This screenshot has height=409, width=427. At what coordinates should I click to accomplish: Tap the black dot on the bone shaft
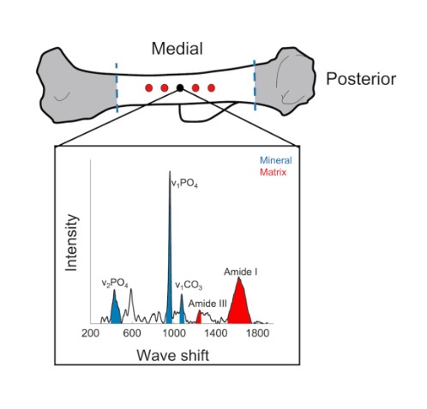[x=180, y=87]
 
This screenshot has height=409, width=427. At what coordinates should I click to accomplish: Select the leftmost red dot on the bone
[x=148, y=87]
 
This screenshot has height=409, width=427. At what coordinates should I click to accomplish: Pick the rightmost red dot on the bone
[x=211, y=87]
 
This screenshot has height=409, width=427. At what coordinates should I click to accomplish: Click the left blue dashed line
[x=117, y=86]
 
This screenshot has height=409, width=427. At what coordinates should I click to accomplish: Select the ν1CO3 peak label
[x=189, y=285]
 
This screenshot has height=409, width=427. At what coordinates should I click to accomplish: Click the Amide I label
[x=242, y=272]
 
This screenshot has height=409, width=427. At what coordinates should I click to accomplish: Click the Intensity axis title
[x=72, y=244]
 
